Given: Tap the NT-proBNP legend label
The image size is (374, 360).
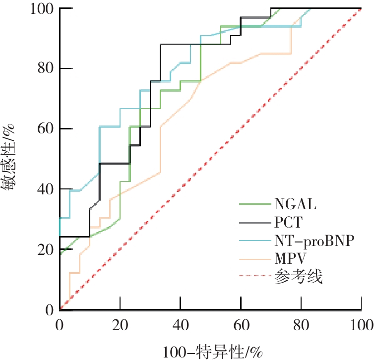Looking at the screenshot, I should pos(313,240).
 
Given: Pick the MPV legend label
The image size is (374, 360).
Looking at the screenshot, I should pos(290,258).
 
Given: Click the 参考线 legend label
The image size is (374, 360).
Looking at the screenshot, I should pos(298,277).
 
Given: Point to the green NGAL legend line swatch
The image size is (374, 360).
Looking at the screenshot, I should pos(254,203).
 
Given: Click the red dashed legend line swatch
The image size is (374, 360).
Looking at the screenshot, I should pos(254,277).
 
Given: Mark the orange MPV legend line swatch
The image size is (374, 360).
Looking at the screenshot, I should pos(254,258).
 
